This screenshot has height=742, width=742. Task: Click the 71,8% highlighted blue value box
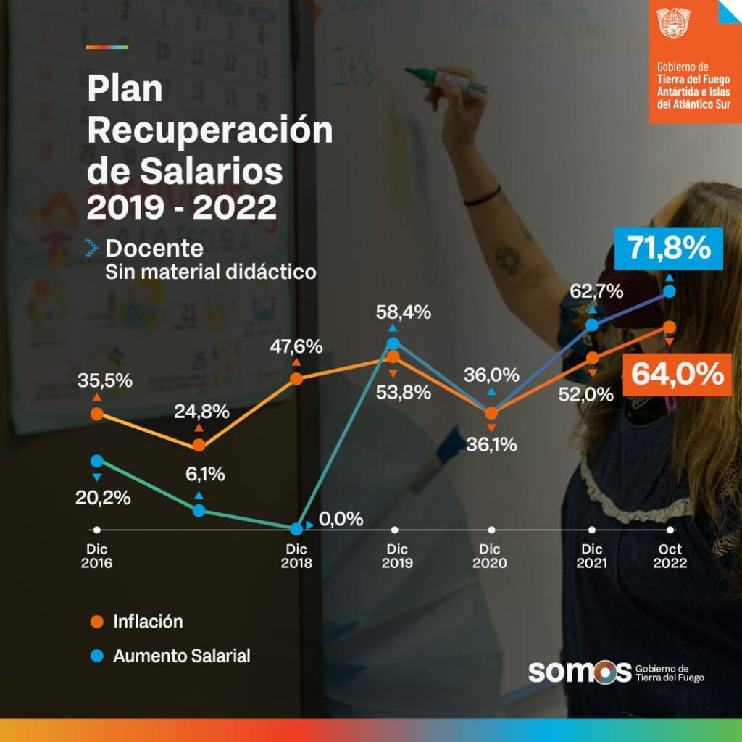point(670,249)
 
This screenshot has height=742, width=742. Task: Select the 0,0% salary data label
point(340,520)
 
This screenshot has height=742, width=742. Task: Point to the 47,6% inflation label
point(296,346)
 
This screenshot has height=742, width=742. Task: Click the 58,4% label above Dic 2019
point(404,313)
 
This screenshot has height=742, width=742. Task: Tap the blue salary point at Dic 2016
point(97,461)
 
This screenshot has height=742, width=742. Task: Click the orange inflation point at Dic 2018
point(296,378)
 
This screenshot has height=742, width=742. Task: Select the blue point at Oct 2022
point(670,291)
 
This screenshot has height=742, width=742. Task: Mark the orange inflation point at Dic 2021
point(592,358)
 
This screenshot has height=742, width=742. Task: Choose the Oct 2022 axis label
point(670,556)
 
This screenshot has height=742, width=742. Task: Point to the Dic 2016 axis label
point(97,556)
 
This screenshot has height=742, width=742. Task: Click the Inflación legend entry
point(147,621)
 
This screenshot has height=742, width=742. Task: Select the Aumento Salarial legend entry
point(181,656)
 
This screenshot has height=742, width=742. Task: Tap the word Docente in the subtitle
point(154,249)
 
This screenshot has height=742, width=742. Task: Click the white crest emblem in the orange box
point(674,25)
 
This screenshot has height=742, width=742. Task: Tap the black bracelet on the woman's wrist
point(483,196)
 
